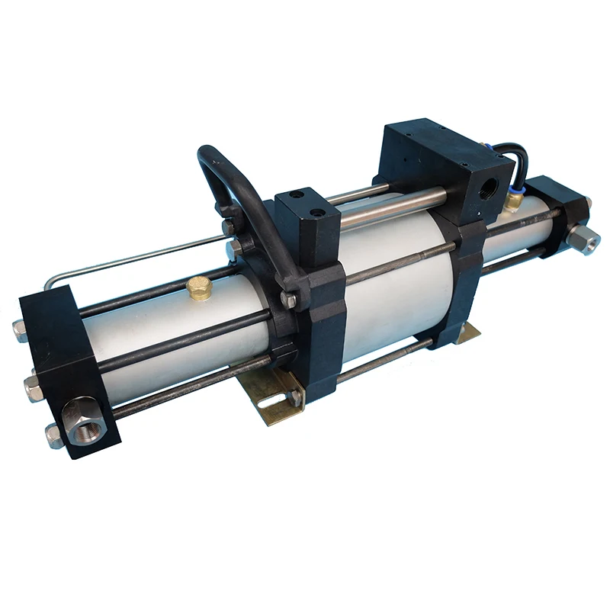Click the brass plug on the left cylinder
[x=200, y=287]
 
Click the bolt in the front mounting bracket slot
[x=294, y=396]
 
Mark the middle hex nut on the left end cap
[x=32, y=387]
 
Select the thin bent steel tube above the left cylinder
[x=130, y=259]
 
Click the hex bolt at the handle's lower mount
[x=289, y=300]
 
